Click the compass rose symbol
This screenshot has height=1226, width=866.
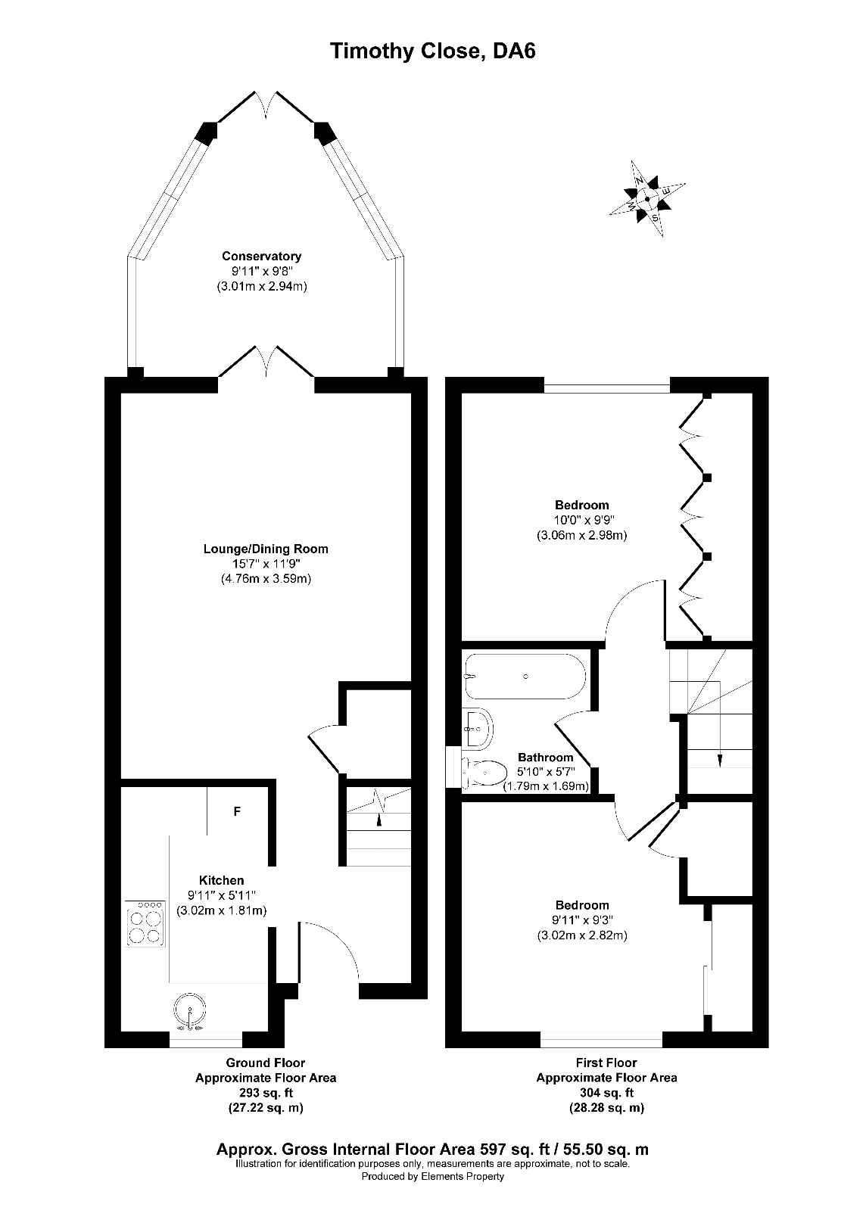coord(647,199)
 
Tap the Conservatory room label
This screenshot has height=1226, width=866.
coord(261,257)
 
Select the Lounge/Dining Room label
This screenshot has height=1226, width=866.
coord(266,549)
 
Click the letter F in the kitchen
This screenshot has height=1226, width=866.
coord(237,812)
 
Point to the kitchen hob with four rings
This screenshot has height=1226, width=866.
coord(146,923)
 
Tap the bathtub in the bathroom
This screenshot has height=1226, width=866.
coord(525,676)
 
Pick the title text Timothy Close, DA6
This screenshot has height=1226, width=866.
coord(433,51)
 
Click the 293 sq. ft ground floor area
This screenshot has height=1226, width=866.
coord(266,1093)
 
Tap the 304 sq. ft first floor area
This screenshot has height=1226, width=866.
coord(606,1093)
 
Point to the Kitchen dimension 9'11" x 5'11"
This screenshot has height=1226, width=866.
coord(221,895)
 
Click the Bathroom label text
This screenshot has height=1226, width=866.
coord(545,757)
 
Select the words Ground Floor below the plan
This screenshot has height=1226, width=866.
coord(266,1063)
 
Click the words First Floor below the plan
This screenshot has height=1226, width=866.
coord(606,1063)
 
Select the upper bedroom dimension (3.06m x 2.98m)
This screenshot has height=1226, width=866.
coord(581,535)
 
